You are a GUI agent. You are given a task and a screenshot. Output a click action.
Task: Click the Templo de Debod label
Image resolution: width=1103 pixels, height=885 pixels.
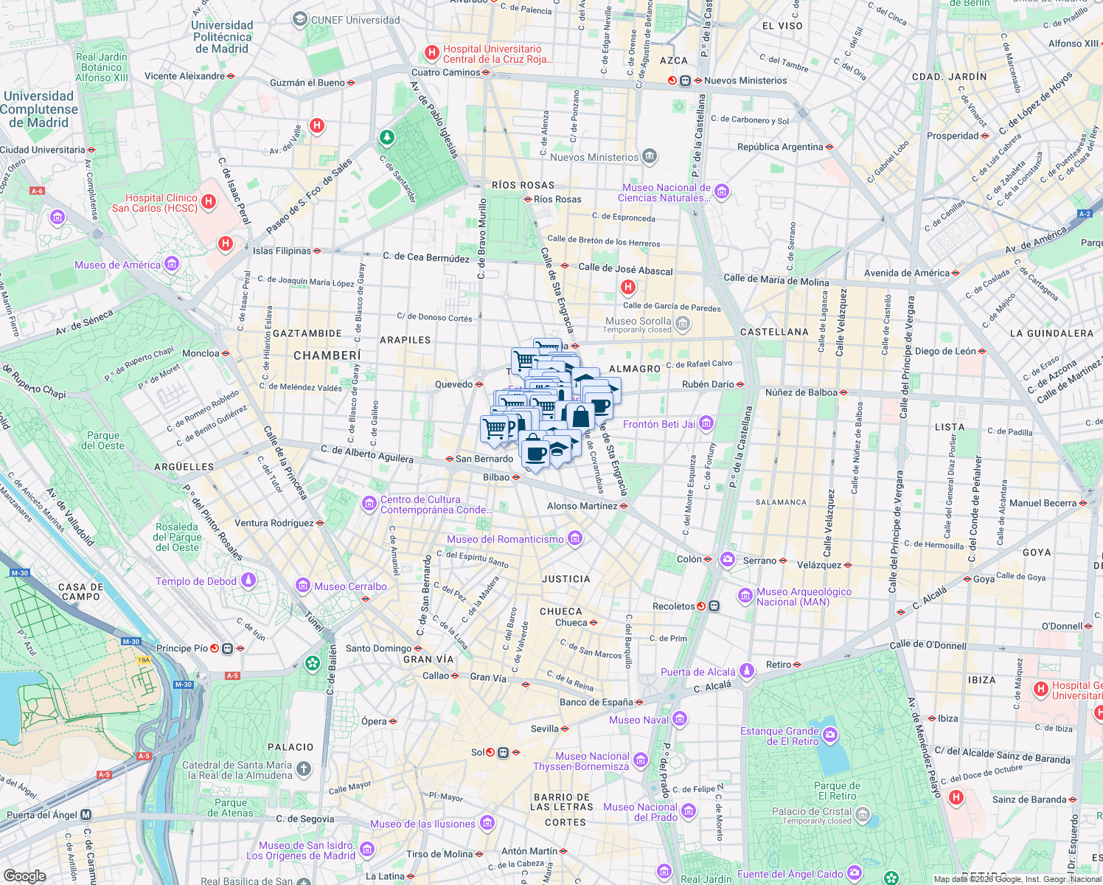196,581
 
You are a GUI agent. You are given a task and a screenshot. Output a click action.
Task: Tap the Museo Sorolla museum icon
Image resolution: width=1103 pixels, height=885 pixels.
683,324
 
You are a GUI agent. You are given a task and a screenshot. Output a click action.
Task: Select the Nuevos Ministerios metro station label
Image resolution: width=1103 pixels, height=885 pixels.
745,80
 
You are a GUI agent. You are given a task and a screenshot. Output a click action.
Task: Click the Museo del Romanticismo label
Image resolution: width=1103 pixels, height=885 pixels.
505,539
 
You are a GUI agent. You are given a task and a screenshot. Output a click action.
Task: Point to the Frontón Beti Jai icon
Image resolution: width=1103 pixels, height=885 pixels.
706,423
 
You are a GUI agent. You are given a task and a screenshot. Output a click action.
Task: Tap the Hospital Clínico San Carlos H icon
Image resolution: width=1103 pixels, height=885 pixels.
209,201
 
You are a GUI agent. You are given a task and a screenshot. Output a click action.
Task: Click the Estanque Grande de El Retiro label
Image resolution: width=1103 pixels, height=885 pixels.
779,736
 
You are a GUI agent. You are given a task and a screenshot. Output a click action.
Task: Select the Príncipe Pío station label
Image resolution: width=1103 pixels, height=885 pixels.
182,648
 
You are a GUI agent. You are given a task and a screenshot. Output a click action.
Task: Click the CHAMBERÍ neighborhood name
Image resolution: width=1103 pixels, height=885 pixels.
327,355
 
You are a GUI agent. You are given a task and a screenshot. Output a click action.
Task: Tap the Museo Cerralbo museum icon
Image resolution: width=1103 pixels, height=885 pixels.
302,586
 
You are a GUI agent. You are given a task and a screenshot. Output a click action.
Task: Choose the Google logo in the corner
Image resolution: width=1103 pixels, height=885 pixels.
24,875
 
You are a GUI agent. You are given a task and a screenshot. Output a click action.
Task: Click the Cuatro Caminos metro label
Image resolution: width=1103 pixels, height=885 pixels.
445,72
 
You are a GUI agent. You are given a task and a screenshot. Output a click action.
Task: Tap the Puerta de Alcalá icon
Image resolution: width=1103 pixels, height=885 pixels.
746,670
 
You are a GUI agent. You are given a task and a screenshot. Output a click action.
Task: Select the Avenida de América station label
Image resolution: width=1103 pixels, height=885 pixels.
907,273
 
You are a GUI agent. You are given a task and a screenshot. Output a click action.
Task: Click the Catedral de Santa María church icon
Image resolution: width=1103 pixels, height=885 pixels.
304,769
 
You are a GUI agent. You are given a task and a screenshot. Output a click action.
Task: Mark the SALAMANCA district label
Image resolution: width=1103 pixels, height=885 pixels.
781,502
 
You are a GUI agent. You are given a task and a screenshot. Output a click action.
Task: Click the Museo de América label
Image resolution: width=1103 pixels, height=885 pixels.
117,265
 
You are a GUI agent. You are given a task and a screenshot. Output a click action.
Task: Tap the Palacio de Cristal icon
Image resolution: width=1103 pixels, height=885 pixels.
863,815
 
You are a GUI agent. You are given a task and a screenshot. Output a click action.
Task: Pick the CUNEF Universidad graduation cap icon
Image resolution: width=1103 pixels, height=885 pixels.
299,20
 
